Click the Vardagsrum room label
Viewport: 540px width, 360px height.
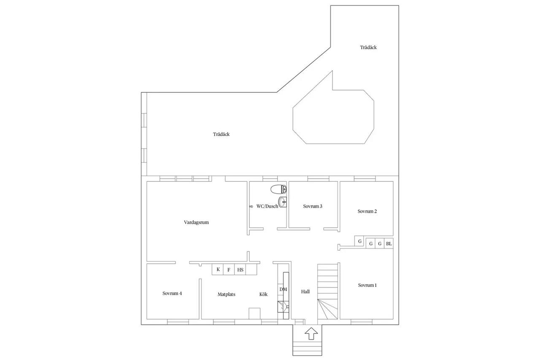pyautogui.click(x=196, y=222)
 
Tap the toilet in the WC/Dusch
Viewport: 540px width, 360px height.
pyautogui.click(x=278, y=189)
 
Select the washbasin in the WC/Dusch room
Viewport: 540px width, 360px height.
pyautogui.click(x=283, y=202)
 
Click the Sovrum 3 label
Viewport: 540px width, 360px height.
pyautogui.click(x=313, y=206)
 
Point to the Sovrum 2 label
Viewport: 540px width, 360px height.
pyautogui.click(x=367, y=211)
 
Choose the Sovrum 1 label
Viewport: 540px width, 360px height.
pyautogui.click(x=367, y=285)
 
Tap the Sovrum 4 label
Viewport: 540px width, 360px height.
pyautogui.click(x=172, y=293)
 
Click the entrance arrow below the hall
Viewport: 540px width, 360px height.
pyautogui.click(x=311, y=333)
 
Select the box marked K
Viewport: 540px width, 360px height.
pyautogui.click(x=218, y=269)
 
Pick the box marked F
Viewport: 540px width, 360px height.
pyautogui.click(x=229, y=269)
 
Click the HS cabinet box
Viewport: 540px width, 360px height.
pyautogui.click(x=240, y=269)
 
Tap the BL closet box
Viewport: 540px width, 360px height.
pyautogui.click(x=389, y=244)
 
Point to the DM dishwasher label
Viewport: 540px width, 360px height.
pyautogui.click(x=283, y=289)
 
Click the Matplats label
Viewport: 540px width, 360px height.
pyautogui.click(x=227, y=295)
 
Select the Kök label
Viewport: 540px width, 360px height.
pyautogui.click(x=263, y=294)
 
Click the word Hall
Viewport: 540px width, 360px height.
pyautogui.click(x=305, y=292)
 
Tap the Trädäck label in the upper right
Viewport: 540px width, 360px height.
pyautogui.click(x=368, y=47)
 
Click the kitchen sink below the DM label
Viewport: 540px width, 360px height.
pyautogui.click(x=283, y=307)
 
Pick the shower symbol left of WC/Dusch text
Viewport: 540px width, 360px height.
pyautogui.click(x=251, y=206)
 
